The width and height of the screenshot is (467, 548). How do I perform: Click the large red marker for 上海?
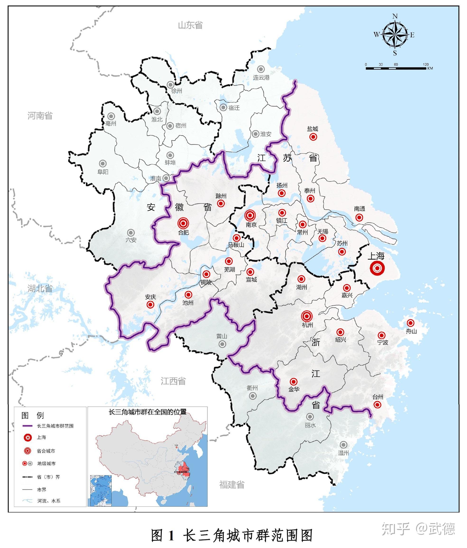[377, 268]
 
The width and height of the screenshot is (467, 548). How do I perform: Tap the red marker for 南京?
[250, 215]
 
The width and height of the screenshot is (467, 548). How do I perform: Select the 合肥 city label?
[183, 233]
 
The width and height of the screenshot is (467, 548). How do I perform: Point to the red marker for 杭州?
[307, 316]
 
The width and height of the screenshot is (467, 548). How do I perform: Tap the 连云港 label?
[261, 78]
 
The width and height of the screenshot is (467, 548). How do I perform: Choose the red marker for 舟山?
[410, 323]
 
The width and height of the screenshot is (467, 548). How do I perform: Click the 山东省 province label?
[190, 25]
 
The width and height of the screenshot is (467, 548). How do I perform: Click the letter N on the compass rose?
[395, 16]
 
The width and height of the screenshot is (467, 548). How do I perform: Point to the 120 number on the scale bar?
[425, 65]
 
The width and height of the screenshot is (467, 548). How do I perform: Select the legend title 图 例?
[32, 415]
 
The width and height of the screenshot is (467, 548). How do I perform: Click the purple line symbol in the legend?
[28, 426]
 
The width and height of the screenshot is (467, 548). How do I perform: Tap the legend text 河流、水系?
[49, 501]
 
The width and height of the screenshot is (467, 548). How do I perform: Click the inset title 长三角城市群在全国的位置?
[148, 412]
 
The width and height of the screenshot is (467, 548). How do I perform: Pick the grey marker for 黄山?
[222, 344]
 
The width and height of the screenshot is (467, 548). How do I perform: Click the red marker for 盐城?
[313, 137]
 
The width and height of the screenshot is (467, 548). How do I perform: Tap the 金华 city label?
[294, 389]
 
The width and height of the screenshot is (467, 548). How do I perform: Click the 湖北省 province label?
[40, 289]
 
